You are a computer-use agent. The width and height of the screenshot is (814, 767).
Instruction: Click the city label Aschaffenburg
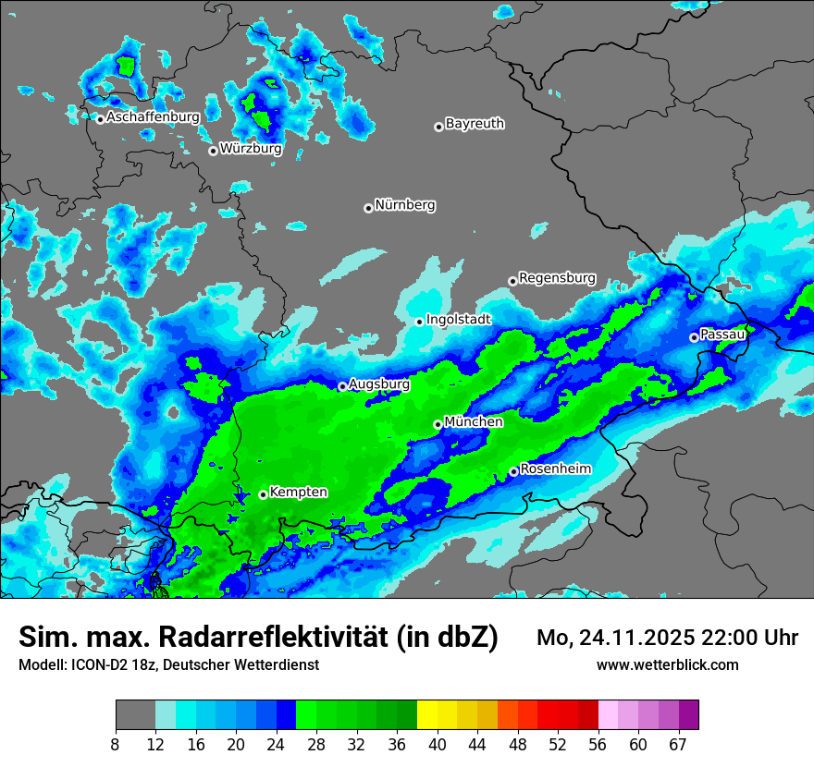[153, 117]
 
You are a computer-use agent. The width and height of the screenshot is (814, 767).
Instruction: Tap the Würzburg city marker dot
[213, 151]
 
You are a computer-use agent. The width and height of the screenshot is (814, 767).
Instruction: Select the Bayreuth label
[475, 123]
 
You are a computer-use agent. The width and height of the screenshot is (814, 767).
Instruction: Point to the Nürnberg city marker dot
[368, 208]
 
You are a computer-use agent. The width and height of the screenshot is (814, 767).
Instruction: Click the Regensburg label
[557, 277]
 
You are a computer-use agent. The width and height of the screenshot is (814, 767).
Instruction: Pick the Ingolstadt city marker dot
[419, 322]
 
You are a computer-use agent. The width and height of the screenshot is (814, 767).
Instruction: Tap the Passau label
[722, 334]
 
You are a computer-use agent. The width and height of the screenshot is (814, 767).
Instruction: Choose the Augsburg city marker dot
[342, 386]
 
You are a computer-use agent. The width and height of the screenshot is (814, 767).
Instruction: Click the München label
[474, 421]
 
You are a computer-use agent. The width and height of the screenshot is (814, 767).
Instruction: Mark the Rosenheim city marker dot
[513, 472]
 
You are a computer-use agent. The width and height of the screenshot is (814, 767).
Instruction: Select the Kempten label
[298, 492]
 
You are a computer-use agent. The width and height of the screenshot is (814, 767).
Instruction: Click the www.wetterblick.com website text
[667, 664]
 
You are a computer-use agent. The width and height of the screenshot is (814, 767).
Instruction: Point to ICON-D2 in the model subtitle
[97, 664]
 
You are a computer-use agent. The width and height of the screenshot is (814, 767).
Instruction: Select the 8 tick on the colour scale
[116, 745]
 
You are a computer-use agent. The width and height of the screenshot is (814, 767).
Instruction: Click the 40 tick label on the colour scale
[438, 745]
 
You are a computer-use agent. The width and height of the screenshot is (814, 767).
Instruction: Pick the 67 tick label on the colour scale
[678, 745]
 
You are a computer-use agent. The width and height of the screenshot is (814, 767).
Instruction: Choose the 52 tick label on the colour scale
[558, 745]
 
